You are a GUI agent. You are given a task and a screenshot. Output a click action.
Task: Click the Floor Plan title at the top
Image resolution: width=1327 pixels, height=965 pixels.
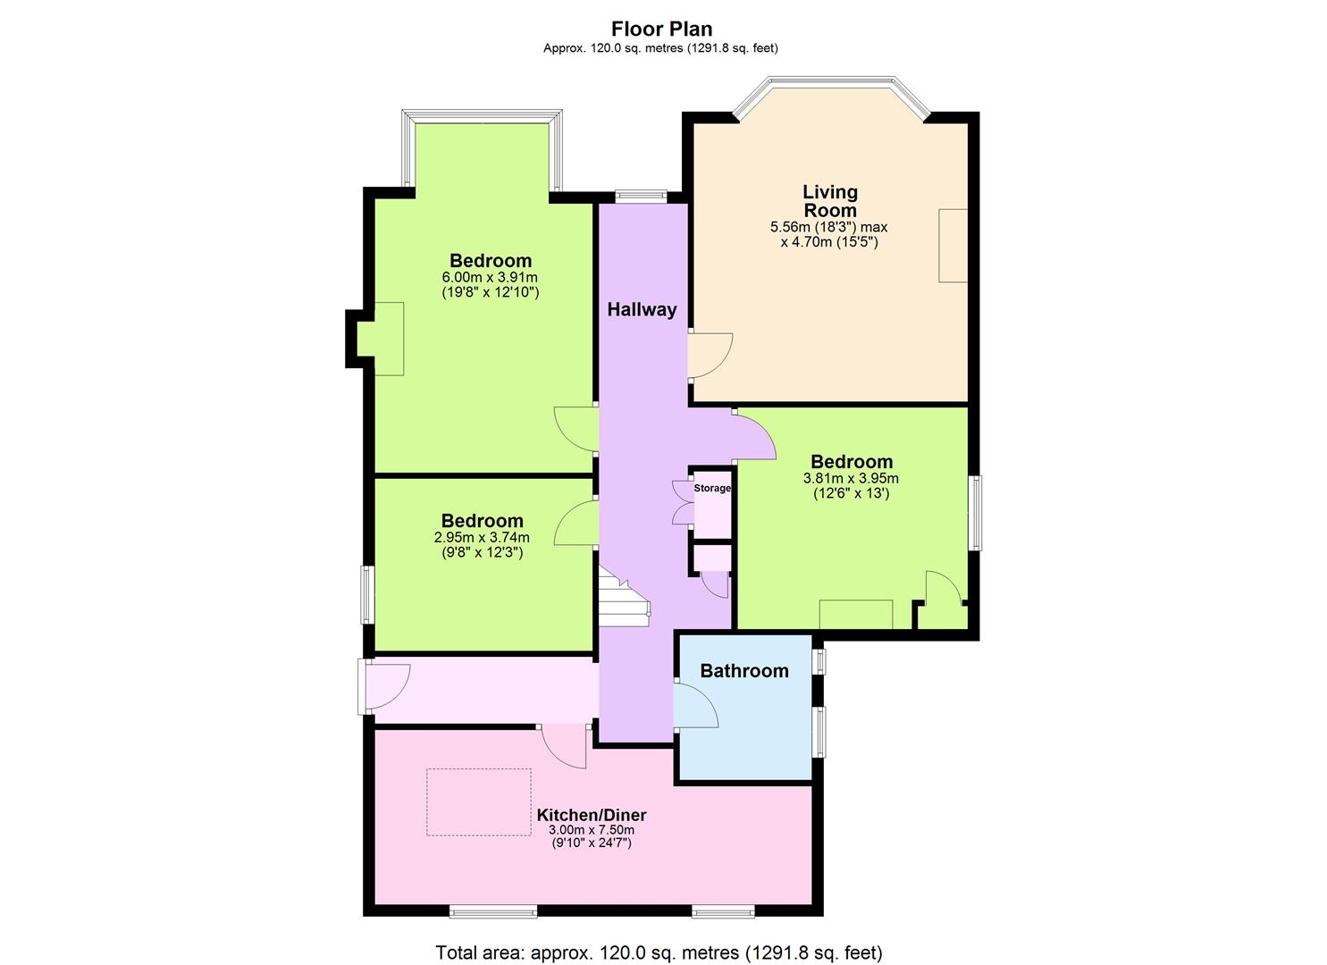661,29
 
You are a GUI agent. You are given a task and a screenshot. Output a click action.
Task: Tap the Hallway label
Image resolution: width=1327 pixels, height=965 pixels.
642,310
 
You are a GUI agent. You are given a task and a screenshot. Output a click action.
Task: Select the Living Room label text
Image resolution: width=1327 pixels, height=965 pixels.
829,201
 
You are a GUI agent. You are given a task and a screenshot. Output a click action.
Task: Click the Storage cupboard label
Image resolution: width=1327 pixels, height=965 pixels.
712,489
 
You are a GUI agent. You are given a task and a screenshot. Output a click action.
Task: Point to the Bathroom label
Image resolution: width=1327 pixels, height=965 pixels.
743,671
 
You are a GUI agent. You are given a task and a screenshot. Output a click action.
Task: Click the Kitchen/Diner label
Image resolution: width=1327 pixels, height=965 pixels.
591,815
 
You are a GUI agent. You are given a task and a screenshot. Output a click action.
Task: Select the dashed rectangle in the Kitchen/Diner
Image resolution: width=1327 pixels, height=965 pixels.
478,801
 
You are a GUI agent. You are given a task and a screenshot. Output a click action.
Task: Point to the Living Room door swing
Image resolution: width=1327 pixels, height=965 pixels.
710,355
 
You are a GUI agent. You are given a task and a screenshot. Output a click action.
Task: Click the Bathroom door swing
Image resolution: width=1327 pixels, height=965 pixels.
695,707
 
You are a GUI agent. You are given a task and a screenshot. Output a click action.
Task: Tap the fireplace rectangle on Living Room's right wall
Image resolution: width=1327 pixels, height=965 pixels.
953,246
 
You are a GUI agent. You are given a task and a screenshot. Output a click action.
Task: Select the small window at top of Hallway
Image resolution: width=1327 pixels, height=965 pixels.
641,197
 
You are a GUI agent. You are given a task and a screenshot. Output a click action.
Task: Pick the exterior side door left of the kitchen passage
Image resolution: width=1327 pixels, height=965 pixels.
363,686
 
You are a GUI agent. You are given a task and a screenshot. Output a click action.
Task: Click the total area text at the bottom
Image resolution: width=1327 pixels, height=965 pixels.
659,952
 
